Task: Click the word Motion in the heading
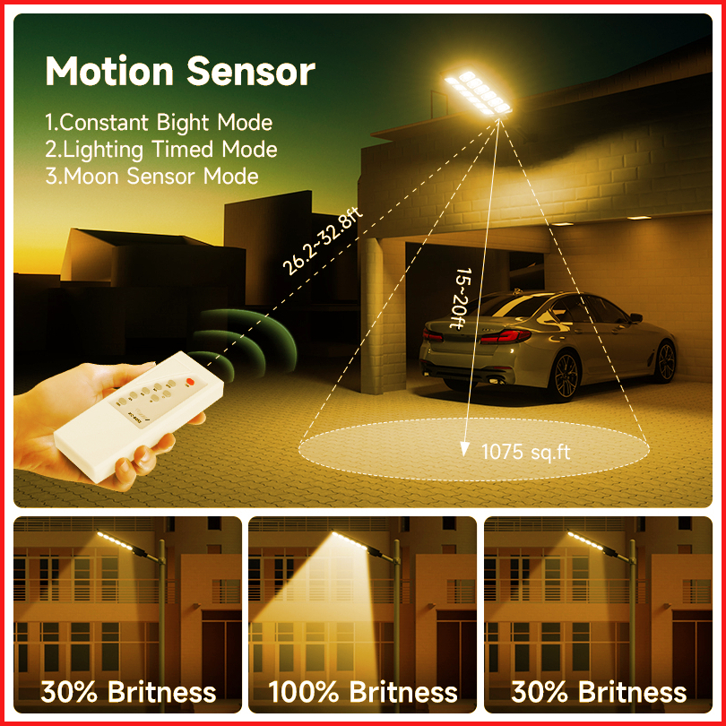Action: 109,71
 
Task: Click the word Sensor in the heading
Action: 250,71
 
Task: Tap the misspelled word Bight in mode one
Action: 183,123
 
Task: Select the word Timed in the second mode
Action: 182,150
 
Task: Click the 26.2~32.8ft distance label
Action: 323,241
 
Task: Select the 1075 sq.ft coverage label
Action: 525,452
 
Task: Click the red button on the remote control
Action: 189,382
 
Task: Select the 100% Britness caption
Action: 362,692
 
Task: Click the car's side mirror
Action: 636,317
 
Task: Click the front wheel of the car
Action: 666,361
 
